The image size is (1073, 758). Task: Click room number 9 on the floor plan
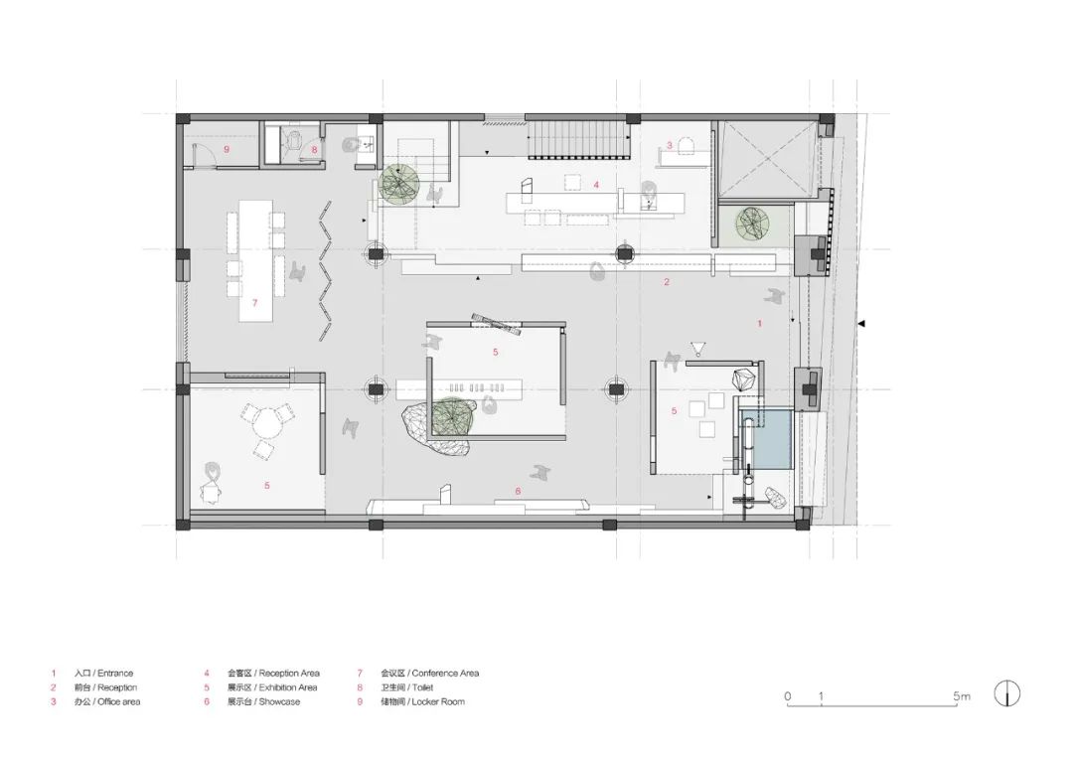coord(227,150)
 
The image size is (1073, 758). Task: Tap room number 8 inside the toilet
coord(314,150)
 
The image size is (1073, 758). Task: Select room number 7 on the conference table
coord(254,303)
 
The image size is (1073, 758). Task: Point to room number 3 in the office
coord(670,145)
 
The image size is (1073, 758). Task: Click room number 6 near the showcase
coord(518,491)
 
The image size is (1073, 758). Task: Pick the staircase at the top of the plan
coord(579,139)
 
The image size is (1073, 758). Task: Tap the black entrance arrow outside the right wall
coord(862,323)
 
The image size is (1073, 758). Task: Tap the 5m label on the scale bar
coord(961,696)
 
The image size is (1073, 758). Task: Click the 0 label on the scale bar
coord(787,696)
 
